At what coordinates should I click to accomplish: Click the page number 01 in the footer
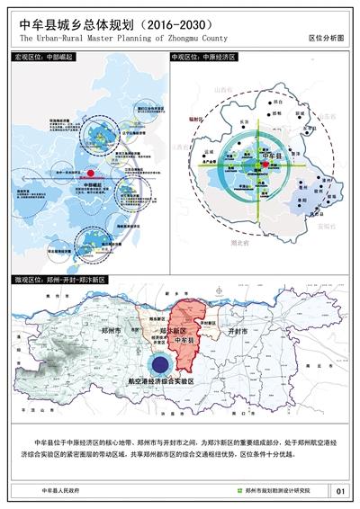coord(339,491)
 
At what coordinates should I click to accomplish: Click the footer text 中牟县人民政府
coord(60,491)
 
